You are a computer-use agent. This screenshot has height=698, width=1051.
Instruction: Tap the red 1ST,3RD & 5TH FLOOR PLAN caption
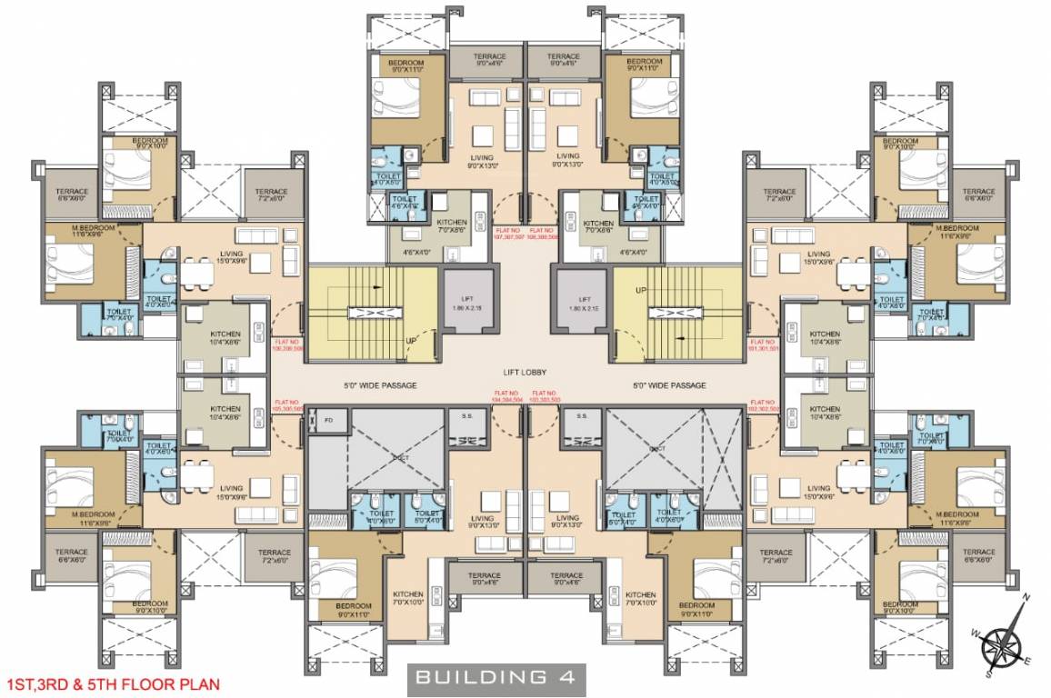pyautogui.click(x=112, y=681)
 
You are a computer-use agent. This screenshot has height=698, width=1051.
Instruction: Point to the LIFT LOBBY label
pyautogui.click(x=525, y=372)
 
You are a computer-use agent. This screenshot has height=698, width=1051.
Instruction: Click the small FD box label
pyautogui.click(x=328, y=419)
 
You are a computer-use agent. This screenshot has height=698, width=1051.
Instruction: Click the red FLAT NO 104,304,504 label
pyautogui.click(x=506, y=395)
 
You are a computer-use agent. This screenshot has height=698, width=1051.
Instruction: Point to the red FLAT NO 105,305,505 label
pyautogui.click(x=287, y=405)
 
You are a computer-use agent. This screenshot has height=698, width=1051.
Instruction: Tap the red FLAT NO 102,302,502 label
pyautogui.click(x=764, y=405)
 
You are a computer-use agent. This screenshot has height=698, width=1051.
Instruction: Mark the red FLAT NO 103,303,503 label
pyautogui.click(x=545, y=395)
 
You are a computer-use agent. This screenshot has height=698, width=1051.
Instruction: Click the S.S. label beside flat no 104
pyautogui.click(x=466, y=417)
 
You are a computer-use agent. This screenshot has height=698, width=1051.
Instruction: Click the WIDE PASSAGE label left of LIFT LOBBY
pyautogui.click(x=380, y=385)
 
